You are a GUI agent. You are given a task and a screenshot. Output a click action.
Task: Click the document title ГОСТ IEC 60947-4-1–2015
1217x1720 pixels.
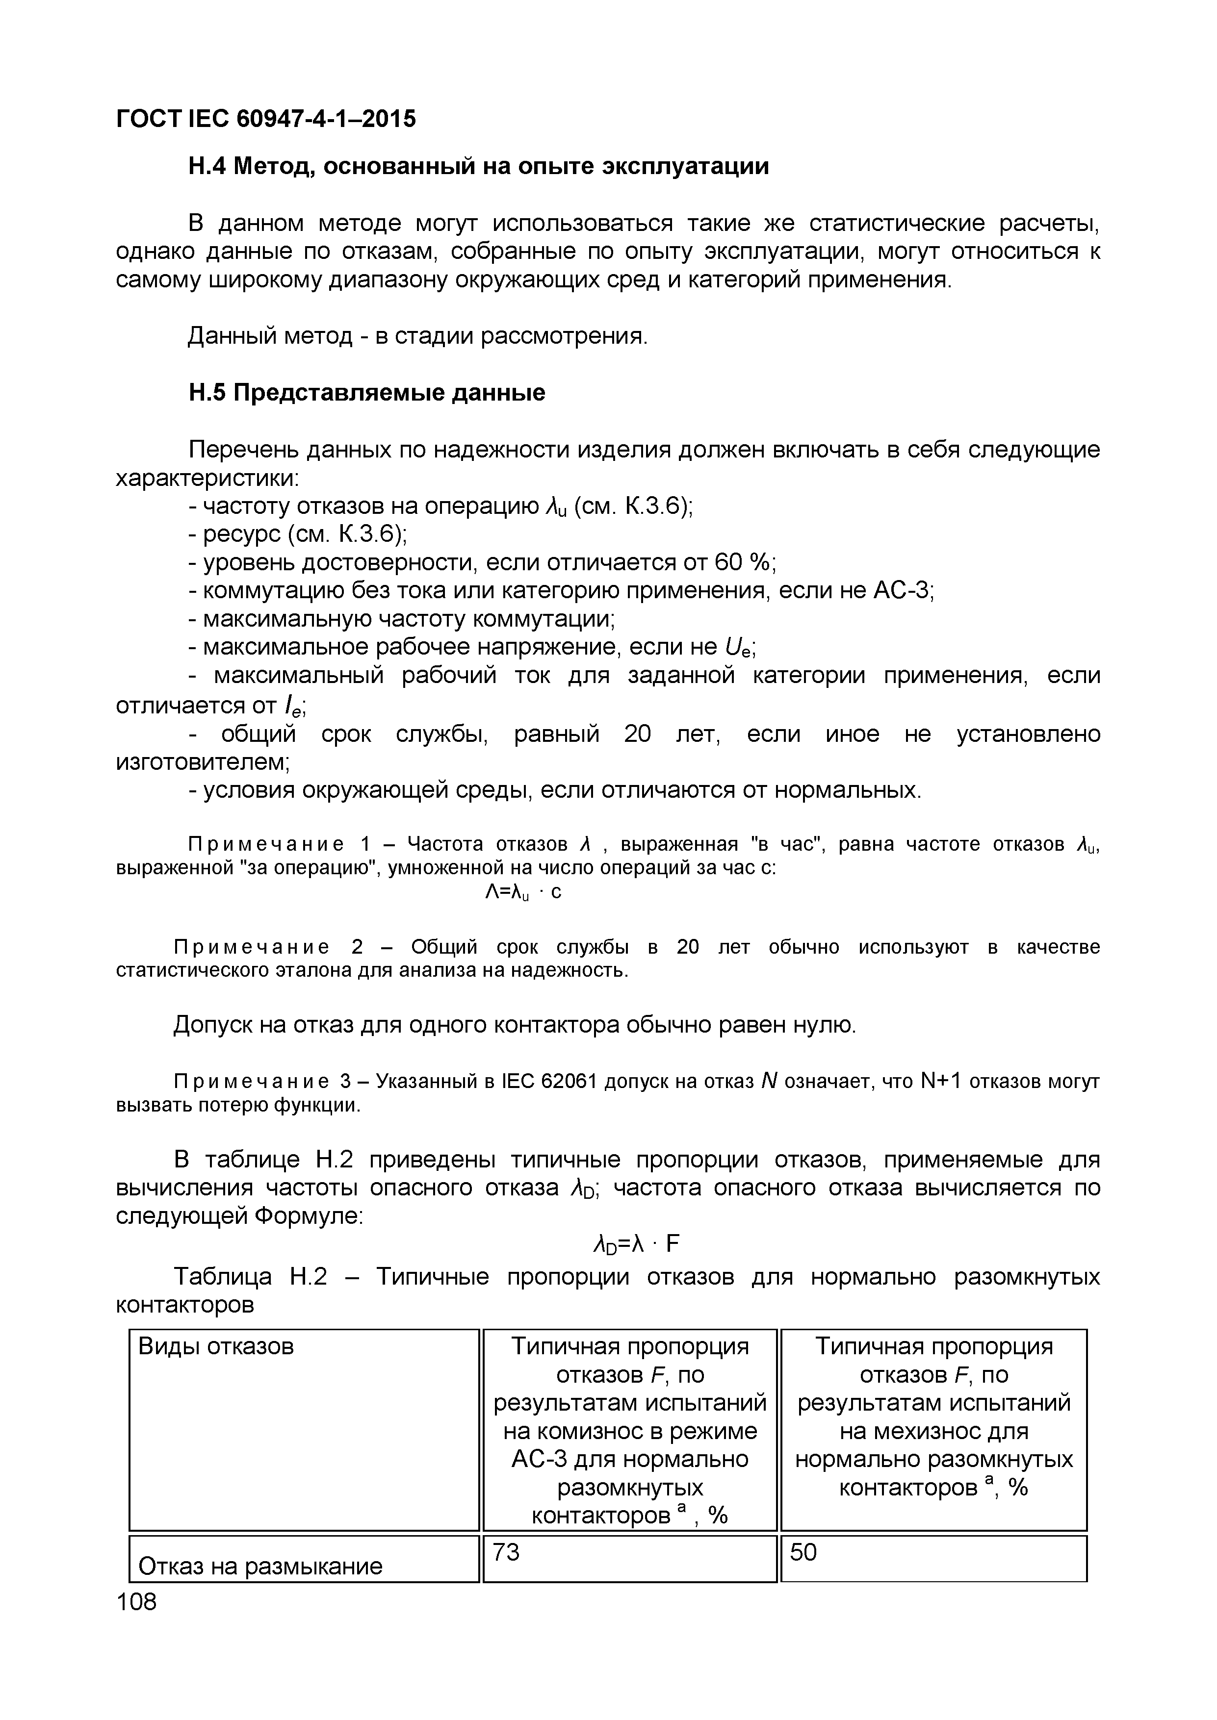[x=265, y=118]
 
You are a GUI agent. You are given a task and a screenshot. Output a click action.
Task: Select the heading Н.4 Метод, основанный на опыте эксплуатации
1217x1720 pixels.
[x=478, y=166]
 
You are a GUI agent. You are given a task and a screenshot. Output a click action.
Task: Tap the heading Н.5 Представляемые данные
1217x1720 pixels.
[x=366, y=393]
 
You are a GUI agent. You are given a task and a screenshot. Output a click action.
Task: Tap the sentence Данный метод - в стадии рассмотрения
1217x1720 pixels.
[x=416, y=335]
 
